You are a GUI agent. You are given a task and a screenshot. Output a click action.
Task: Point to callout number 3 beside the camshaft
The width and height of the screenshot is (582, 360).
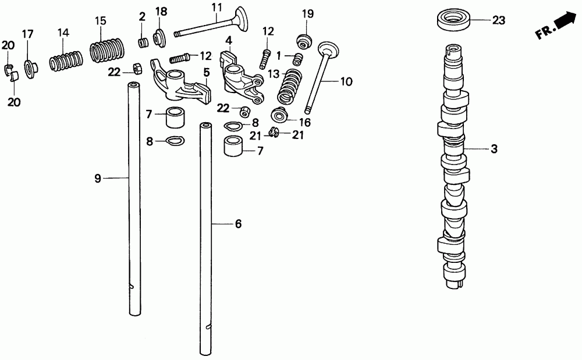point(494,149)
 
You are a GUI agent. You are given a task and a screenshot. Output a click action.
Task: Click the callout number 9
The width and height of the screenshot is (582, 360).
point(98,178)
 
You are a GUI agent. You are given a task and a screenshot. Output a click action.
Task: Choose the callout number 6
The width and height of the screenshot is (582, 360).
point(238,224)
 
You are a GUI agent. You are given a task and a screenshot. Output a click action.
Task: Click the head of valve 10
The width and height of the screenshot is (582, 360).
point(329,49)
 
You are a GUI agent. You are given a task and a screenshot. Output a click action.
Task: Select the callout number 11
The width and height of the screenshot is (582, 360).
point(217,7)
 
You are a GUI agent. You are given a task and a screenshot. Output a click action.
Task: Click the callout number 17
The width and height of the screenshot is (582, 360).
point(27,34)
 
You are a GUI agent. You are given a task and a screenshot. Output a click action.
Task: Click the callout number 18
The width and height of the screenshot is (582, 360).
point(161,12)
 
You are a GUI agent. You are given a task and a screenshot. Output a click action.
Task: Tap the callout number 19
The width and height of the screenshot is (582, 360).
point(307,13)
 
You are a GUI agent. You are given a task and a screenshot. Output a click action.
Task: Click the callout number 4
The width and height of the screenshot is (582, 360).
point(229,41)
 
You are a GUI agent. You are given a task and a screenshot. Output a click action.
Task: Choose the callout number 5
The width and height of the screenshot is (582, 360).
point(206,72)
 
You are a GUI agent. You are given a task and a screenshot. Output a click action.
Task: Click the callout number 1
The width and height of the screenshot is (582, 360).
point(279,55)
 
